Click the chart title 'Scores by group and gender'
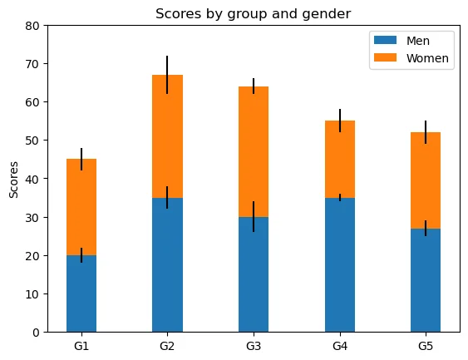[253, 14]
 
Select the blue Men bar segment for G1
[81, 293]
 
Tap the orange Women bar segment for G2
[167, 136]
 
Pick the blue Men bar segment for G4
[340, 264]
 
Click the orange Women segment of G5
[426, 180]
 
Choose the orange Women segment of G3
[254, 151]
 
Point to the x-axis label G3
[254, 346]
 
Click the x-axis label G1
[81, 346]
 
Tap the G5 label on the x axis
[426, 346]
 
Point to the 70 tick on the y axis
[32, 64]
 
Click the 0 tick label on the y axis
[36, 333]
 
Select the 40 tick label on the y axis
[32, 179]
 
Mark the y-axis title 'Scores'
[13, 180]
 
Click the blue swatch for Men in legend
[386, 40]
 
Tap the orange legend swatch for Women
[386, 57]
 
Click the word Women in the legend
[427, 58]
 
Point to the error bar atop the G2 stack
[167, 75]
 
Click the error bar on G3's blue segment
[254, 217]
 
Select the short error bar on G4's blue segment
[340, 198]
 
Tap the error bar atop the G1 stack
[81, 159]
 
